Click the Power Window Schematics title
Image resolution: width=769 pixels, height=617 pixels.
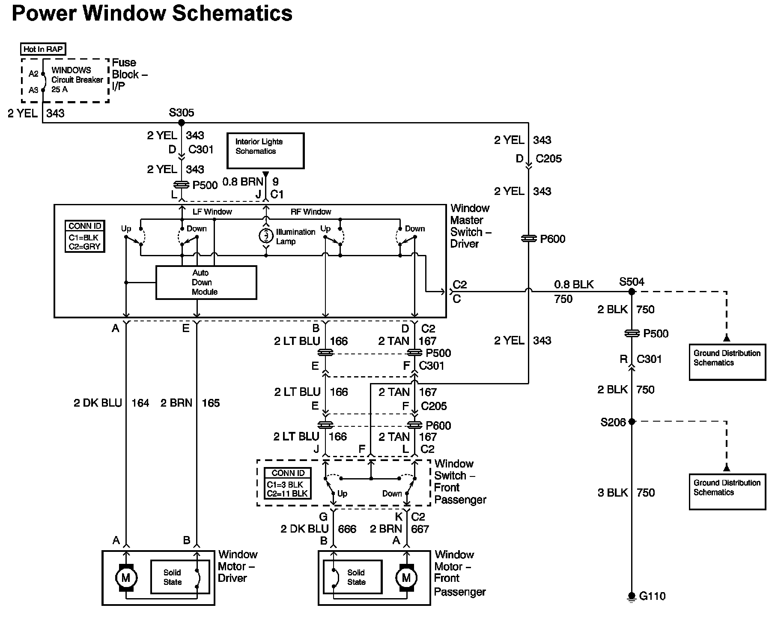[152, 13]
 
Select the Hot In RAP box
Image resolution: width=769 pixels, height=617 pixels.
[43, 49]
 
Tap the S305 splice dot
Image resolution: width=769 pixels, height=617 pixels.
[181, 123]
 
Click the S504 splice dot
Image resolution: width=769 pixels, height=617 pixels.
[632, 292]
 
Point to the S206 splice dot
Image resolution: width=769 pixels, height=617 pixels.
[632, 422]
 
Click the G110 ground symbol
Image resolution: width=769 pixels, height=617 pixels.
[632, 596]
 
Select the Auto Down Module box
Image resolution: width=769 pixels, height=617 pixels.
[206, 282]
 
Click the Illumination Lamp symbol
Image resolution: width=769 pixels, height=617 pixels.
[266, 236]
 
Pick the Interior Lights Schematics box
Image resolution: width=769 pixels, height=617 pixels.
[265, 150]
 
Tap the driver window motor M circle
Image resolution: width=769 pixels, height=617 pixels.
[125, 578]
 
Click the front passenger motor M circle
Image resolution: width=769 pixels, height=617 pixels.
[406, 578]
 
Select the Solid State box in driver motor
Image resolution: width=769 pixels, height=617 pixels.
[180, 577]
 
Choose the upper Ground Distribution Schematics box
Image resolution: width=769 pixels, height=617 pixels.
[727, 362]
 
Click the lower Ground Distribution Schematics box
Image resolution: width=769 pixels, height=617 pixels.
[727, 491]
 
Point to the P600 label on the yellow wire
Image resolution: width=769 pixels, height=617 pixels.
[552, 239]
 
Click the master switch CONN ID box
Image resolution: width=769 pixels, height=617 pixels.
[85, 236]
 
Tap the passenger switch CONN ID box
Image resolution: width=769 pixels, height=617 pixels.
[288, 483]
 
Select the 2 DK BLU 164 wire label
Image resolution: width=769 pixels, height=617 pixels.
[111, 403]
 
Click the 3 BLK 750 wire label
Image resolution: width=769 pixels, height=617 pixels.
[626, 493]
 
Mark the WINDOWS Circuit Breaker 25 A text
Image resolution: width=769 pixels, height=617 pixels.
[77, 80]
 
